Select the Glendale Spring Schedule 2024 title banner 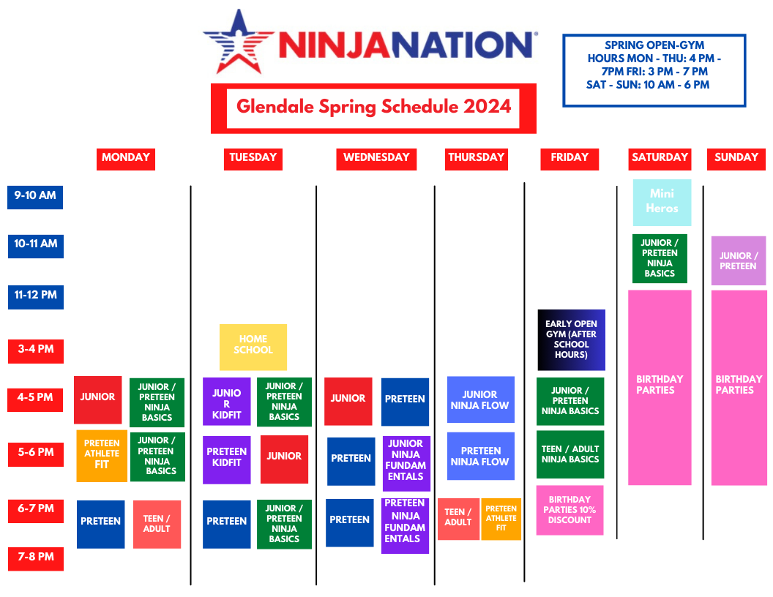tap(373, 108)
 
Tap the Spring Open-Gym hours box tap(654, 70)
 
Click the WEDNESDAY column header tap(376, 158)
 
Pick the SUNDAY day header tap(736, 158)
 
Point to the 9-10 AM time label tap(35, 197)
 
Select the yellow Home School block tap(253, 347)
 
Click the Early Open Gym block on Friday tap(571, 339)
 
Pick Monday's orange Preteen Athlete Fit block tap(102, 455)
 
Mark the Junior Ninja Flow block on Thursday tap(480, 399)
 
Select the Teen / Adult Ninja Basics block tap(570, 454)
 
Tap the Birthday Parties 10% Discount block tap(570, 510)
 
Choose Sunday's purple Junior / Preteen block tap(738, 260)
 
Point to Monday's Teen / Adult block tap(157, 524)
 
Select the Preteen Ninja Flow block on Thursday tap(480, 456)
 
